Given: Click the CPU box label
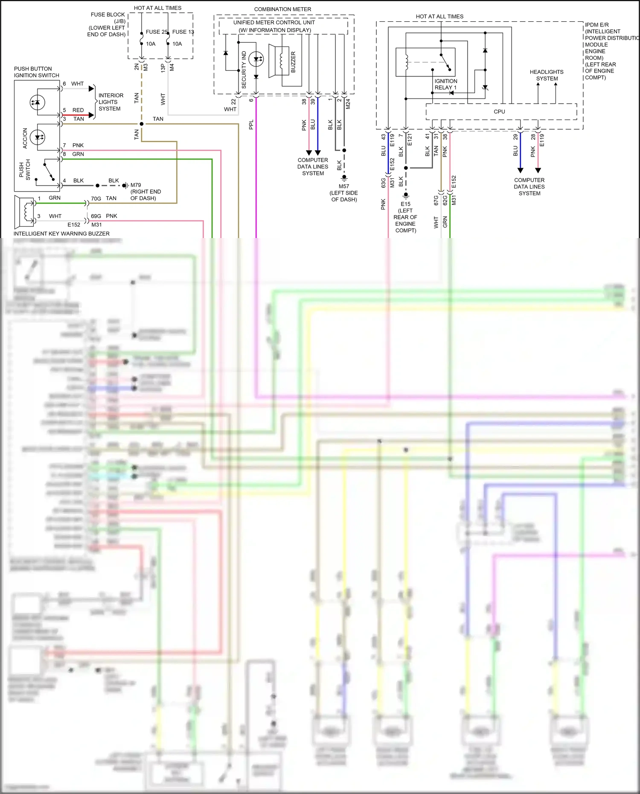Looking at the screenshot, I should tap(499, 112).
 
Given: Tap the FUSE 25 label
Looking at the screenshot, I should tap(156, 32).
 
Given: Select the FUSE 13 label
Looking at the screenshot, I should tap(183, 32).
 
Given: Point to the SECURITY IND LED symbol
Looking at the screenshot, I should tap(256, 59).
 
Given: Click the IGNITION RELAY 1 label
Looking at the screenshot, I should tap(445, 84).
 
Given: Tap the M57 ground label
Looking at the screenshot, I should tap(344, 186).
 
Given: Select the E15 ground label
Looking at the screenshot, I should tap(405, 204).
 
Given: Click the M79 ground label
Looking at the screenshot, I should tap(136, 185).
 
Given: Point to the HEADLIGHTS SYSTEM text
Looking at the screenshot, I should tap(547, 75).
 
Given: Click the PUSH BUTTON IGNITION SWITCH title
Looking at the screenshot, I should tap(36, 72).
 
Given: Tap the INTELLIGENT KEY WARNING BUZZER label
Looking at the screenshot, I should tap(61, 234).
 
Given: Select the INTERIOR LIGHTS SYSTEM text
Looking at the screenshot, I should tap(111, 102).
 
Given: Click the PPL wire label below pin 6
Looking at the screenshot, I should tap(251, 125).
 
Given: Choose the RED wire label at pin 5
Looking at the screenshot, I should tap(78, 110).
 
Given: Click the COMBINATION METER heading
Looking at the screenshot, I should tap(282, 9).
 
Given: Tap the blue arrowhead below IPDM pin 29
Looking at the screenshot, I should tap(520, 170).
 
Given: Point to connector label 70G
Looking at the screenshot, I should tap(96, 199).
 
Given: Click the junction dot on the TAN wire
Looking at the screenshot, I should tap(142, 124).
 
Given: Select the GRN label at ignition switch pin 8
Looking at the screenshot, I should tap(78, 154).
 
